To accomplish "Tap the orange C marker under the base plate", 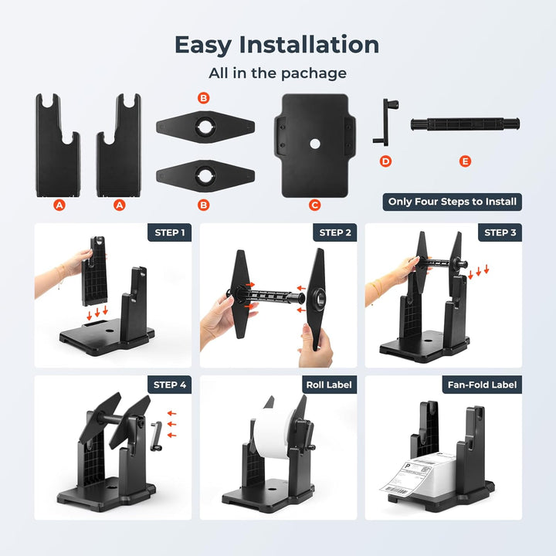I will pos(314,205).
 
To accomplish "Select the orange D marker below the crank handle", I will pos(386,161).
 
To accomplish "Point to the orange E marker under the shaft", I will pos(464,161).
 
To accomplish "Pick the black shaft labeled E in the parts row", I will pos(464,124).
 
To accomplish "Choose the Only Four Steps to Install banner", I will pos(453,202).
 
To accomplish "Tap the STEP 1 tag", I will pos(169,232).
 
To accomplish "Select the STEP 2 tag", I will pos(335,232).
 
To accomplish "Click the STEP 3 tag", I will pos(500,232).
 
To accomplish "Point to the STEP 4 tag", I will pos(169,385).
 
